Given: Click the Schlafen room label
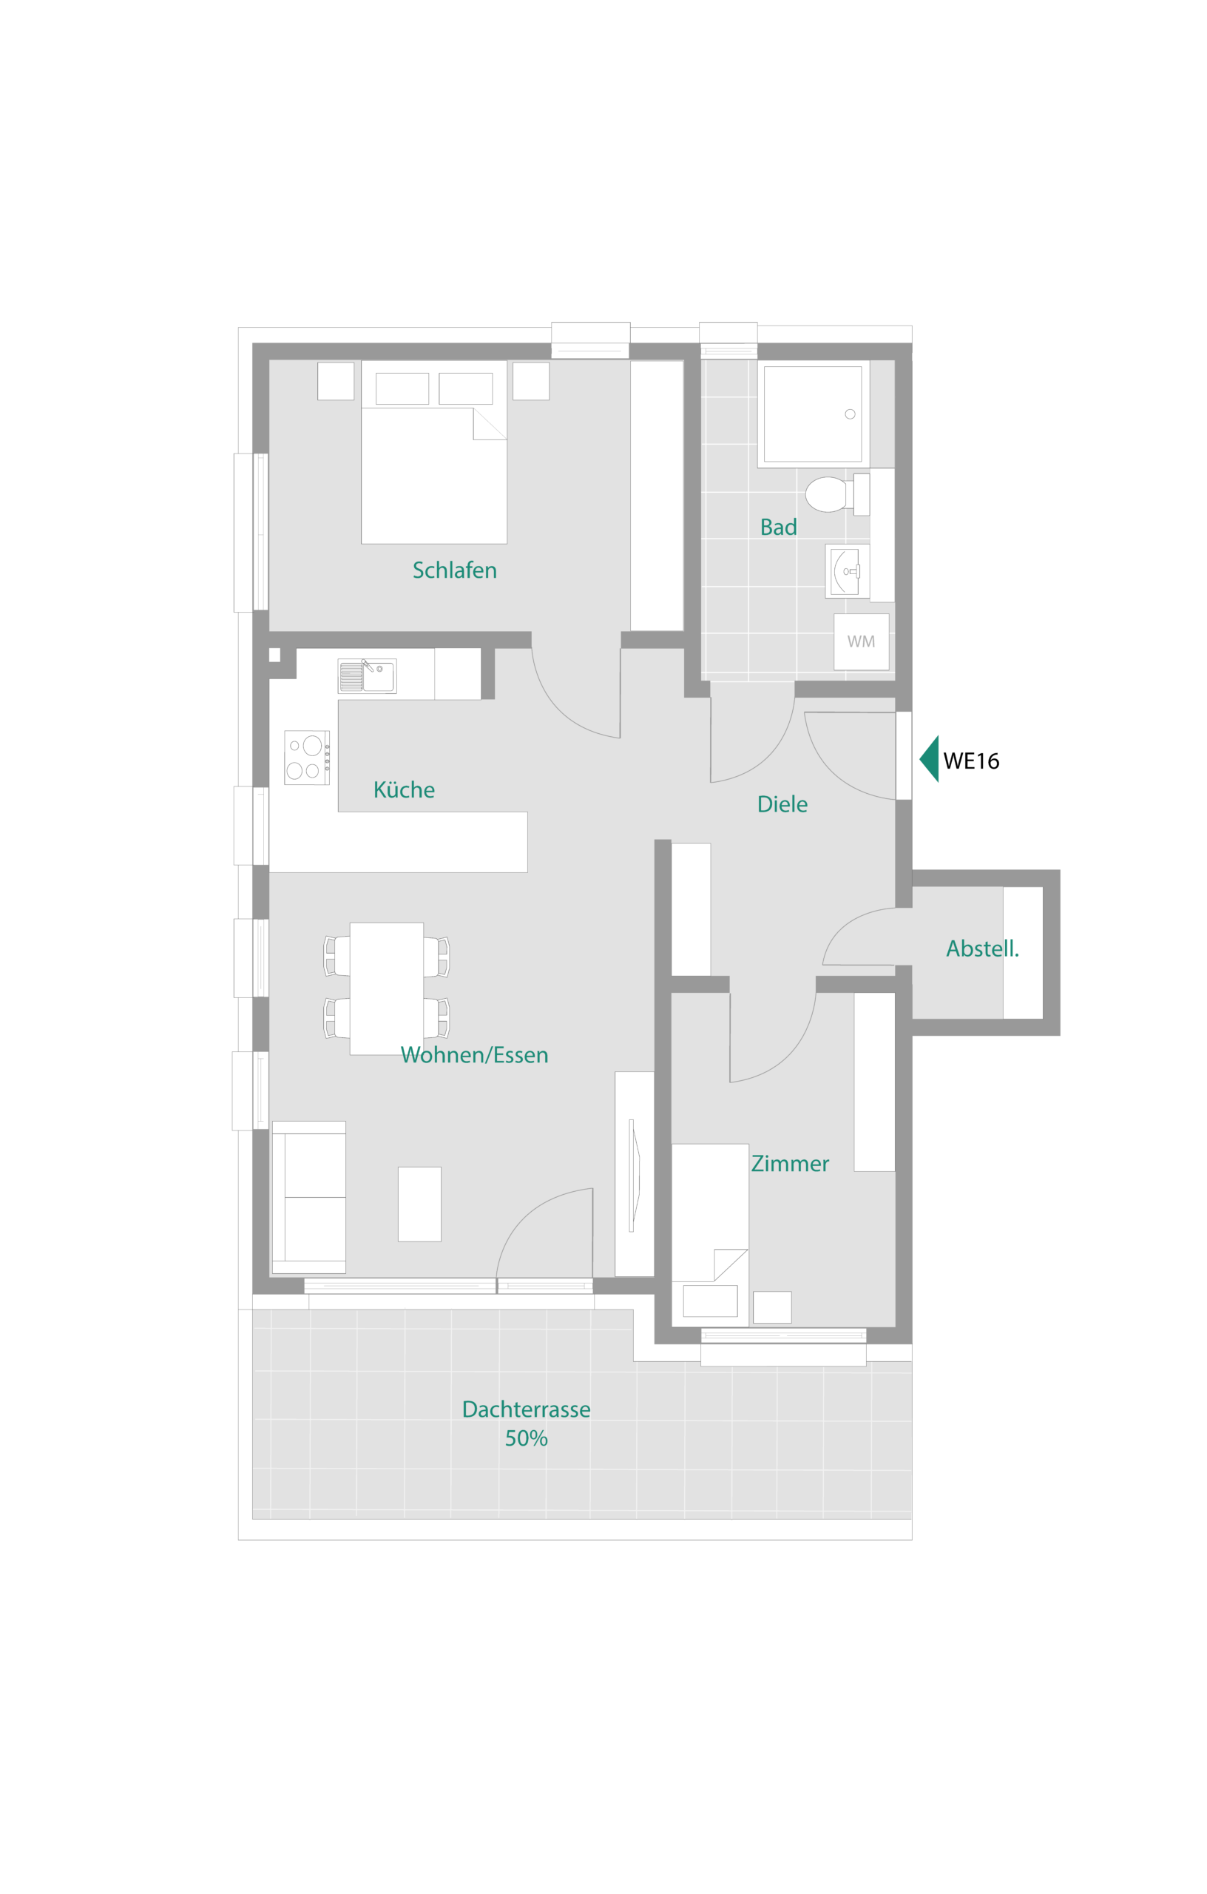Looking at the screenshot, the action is [x=455, y=570].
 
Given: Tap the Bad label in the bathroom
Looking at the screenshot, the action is [x=779, y=527].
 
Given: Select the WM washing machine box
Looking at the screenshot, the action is [x=861, y=642].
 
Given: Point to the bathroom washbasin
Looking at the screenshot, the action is [x=848, y=571].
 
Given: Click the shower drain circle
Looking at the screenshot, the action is [x=850, y=414].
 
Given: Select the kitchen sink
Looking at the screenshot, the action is [x=368, y=676].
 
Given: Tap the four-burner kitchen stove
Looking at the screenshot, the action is [x=307, y=758].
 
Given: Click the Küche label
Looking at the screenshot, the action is [x=404, y=789].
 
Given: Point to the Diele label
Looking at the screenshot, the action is [x=782, y=805].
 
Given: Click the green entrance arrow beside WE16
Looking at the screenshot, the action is [x=930, y=759].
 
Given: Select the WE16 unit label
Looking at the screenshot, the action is [x=971, y=761].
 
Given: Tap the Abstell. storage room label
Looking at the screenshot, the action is [x=982, y=948].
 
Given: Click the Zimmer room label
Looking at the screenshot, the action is [x=791, y=1164].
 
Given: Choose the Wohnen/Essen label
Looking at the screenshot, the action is [x=474, y=1055].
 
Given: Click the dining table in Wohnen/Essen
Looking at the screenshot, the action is [x=387, y=988].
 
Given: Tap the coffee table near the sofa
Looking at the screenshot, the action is [x=420, y=1204].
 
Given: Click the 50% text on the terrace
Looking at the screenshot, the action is [x=526, y=1438].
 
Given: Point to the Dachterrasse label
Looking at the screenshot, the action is [x=526, y=1409].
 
